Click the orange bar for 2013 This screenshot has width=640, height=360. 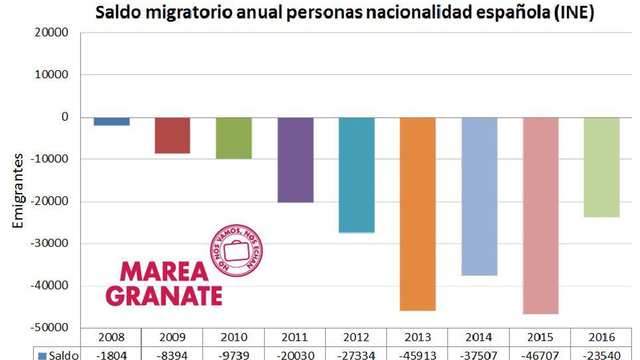[418, 214]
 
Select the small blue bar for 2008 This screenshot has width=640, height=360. [112, 122]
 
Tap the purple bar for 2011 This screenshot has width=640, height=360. [296, 160]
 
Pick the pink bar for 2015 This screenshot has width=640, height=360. [540, 216]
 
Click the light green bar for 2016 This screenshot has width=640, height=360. [602, 167]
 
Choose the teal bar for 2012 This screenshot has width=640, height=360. [356, 175]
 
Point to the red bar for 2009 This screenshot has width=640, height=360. [172, 136]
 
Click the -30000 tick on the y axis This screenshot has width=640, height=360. [50, 243]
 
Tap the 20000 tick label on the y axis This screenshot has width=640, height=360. [52, 32]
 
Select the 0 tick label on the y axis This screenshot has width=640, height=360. [65, 117]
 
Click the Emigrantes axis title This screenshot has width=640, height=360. [18, 191]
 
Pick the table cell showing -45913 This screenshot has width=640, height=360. [418, 355]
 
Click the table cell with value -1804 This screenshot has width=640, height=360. [112, 355]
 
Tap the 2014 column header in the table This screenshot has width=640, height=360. [479, 337]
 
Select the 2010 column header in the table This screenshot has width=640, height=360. [234, 337]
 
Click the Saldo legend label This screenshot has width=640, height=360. [64, 355]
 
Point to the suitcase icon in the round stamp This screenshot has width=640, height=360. [236, 251]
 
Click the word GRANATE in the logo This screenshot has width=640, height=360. [164, 296]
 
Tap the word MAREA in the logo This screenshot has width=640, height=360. [164, 272]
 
